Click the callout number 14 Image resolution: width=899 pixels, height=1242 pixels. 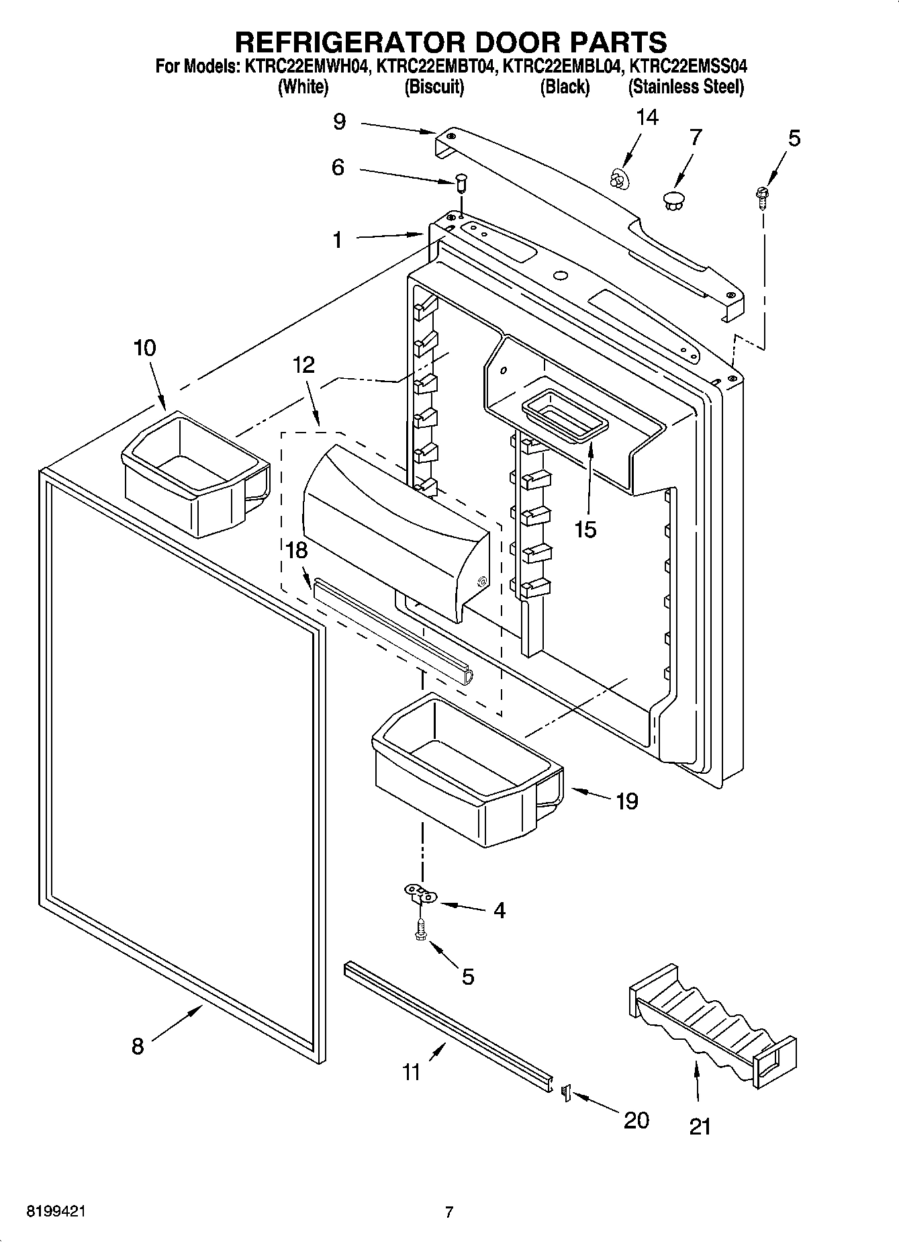tap(647, 118)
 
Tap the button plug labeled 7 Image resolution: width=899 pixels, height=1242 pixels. tap(672, 199)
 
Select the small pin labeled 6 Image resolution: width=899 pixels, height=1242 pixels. tap(461, 181)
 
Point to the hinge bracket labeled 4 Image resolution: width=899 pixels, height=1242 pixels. tap(420, 894)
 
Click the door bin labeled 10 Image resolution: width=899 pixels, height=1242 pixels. tap(195, 474)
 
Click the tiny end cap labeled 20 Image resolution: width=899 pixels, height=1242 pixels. tap(565, 1093)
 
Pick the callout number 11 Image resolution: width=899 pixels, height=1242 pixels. tap(411, 1071)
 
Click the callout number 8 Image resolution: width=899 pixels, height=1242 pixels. tap(137, 1046)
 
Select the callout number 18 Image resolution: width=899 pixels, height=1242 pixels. tap(296, 550)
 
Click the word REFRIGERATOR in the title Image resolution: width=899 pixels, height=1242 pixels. tap(348, 42)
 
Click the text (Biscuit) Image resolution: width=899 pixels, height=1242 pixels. tap(434, 87)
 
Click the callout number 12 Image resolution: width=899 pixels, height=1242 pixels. tap(303, 365)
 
